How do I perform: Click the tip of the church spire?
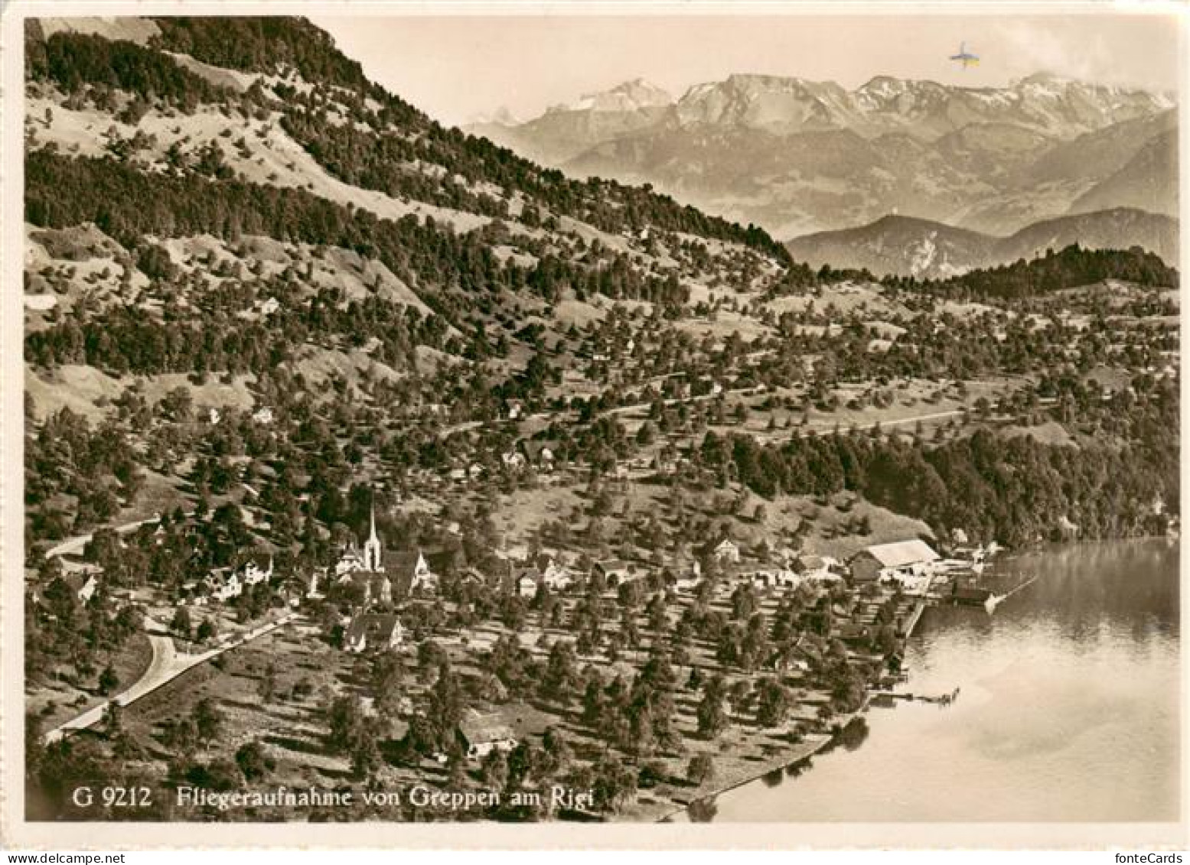373,503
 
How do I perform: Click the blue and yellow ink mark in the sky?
963,57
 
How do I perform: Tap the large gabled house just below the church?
373,632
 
